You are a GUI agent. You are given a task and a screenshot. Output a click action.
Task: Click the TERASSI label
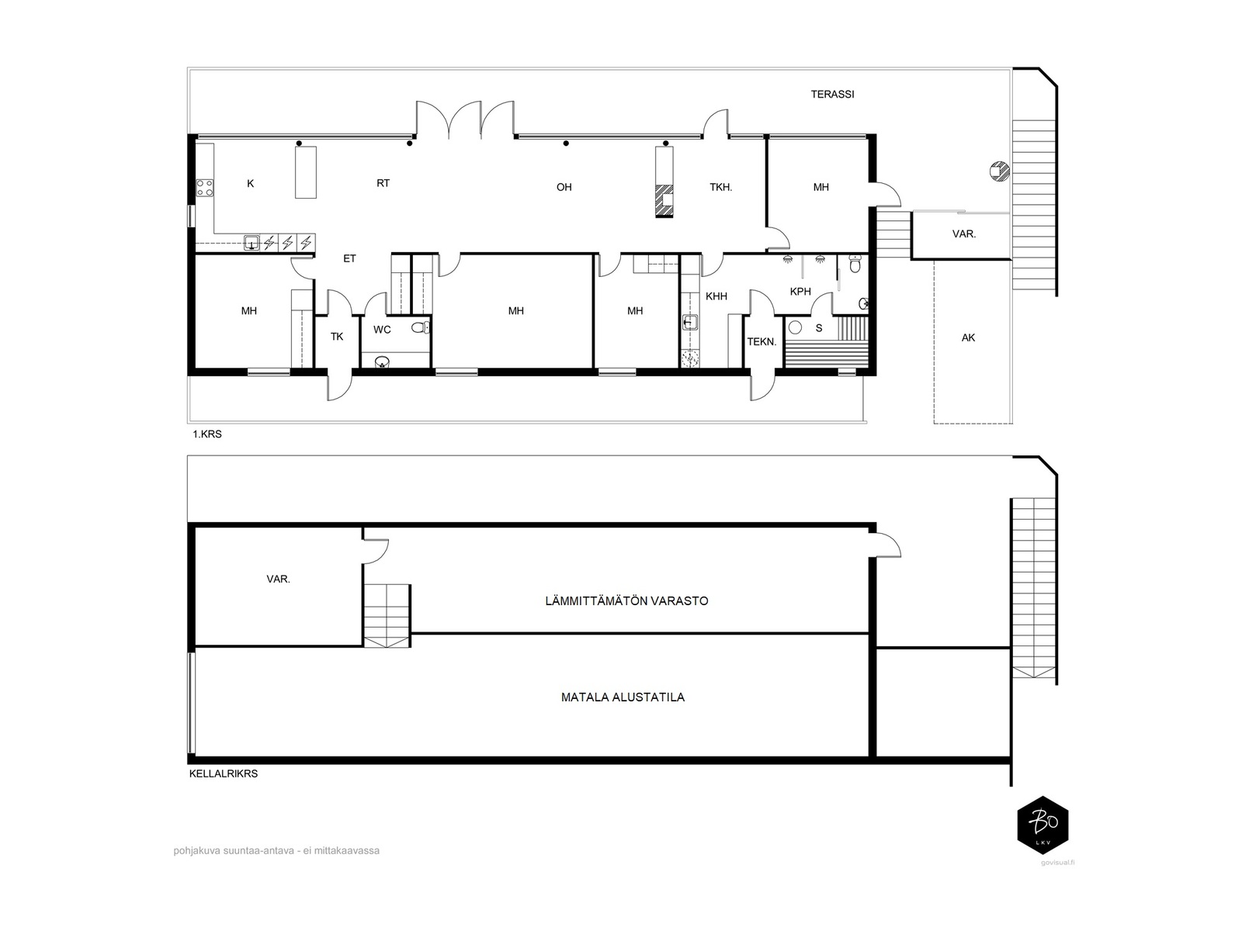click(832, 95)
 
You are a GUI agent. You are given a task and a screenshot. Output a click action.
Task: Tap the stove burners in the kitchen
click(205, 188)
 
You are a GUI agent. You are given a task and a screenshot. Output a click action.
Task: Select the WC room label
click(382, 330)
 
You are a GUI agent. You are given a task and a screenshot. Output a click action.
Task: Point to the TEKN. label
click(762, 342)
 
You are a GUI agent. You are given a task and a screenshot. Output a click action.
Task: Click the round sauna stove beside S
click(796, 327)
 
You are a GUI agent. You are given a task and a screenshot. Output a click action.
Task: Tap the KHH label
click(716, 296)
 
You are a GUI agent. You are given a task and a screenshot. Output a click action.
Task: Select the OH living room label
click(564, 187)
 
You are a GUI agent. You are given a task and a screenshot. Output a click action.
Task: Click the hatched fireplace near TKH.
click(664, 201)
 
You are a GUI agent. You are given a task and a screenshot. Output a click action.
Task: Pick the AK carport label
click(968, 337)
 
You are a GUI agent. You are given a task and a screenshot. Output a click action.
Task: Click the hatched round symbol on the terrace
click(1000, 171)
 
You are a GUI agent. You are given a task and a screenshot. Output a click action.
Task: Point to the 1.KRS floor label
click(207, 434)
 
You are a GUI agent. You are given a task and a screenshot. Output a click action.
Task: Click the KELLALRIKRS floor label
click(224, 774)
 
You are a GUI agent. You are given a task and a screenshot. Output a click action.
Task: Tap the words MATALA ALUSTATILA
click(623, 697)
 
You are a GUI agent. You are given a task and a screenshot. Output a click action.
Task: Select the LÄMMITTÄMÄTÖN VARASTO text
click(626, 600)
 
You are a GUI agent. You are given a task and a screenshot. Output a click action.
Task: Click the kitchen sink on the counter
click(252, 243)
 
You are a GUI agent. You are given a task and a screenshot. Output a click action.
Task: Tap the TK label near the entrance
click(337, 337)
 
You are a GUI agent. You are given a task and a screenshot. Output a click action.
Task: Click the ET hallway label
click(349, 258)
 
